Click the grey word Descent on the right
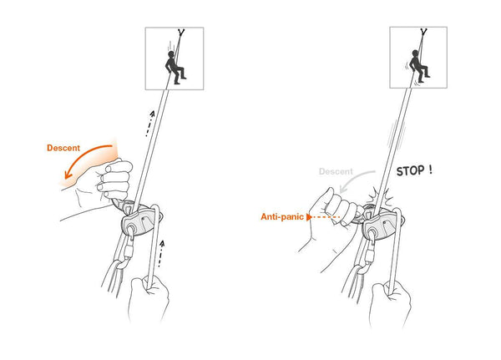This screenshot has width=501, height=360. pyautogui.click(x=337, y=171)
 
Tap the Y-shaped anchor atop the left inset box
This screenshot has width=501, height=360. pyautogui.click(x=180, y=33)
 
